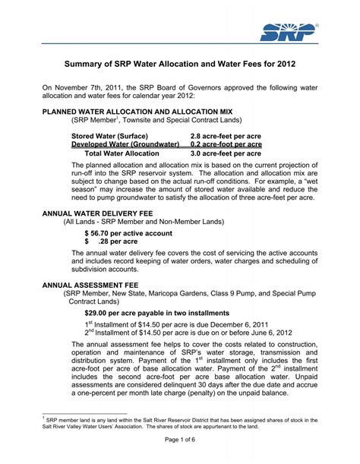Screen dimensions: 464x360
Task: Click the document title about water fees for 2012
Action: [180, 65]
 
